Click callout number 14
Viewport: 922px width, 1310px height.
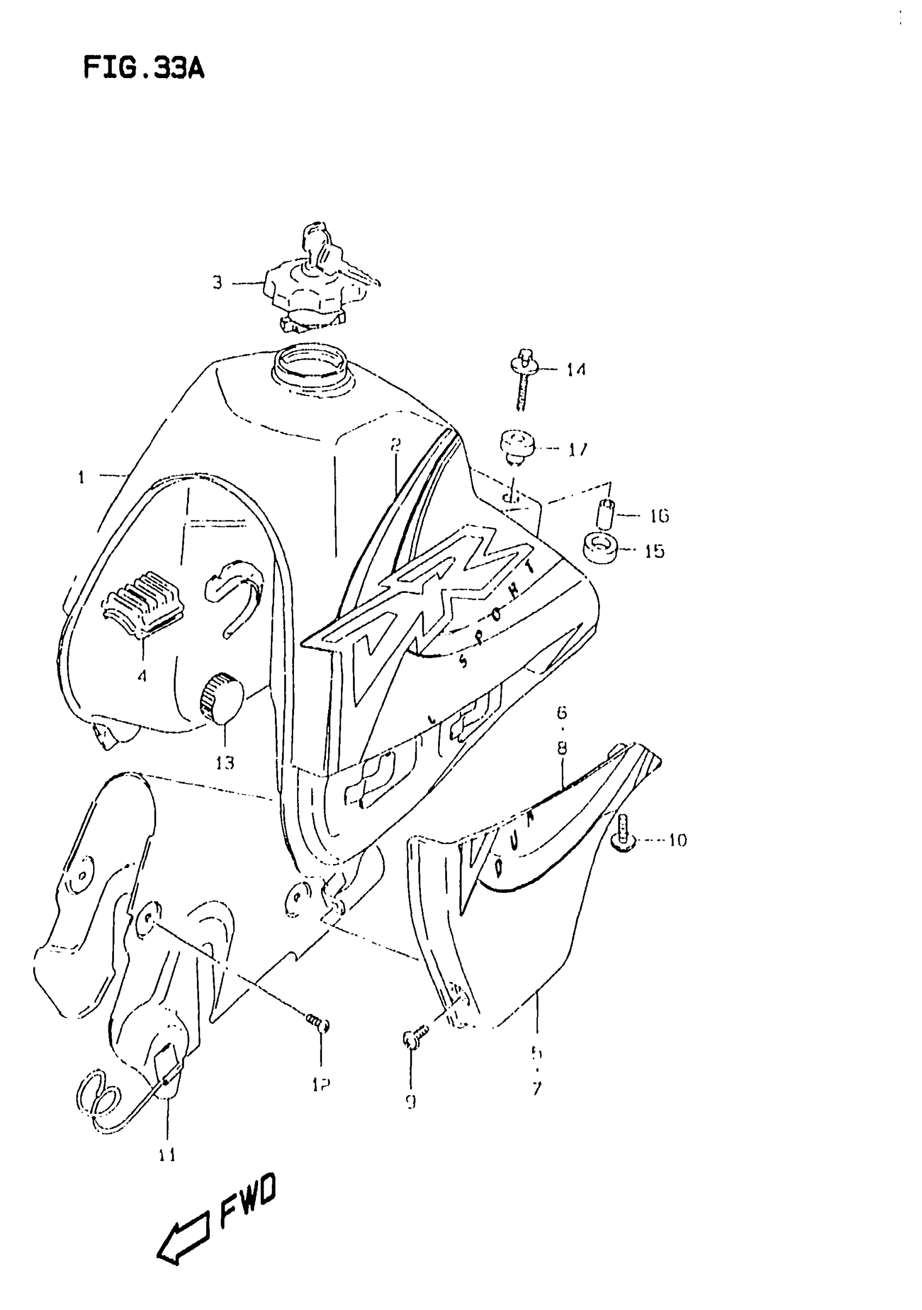tap(576, 370)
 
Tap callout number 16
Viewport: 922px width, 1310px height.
tap(659, 516)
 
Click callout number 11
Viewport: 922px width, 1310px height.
tap(167, 1155)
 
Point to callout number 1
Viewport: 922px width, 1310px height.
tap(82, 477)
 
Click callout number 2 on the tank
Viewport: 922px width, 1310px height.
tap(396, 444)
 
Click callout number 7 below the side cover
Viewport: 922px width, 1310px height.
tap(536, 1089)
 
